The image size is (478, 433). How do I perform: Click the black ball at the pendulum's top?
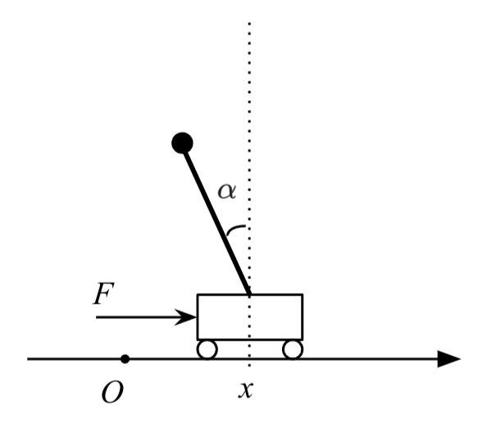(x=182, y=144)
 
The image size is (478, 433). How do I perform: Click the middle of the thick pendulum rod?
(x=216, y=219)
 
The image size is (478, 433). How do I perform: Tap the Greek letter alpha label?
(x=226, y=191)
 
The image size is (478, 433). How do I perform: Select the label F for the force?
(x=102, y=294)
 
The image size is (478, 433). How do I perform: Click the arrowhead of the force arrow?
(x=191, y=316)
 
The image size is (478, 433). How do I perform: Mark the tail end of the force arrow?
(x=97, y=316)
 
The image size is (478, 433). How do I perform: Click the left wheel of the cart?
(x=207, y=349)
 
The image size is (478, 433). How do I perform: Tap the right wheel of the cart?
(x=292, y=349)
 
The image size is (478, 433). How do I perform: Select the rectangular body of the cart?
(x=250, y=317)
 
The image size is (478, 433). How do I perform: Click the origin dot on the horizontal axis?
(x=125, y=359)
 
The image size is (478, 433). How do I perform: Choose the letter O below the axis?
(x=112, y=393)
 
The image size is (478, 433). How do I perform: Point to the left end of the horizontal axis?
(x=30, y=359)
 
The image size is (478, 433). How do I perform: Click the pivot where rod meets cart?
(x=248, y=294)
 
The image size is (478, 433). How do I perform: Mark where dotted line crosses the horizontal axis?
(x=249, y=359)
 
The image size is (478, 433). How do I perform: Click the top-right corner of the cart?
(x=303, y=294)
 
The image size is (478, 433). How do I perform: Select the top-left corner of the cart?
(x=198, y=294)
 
